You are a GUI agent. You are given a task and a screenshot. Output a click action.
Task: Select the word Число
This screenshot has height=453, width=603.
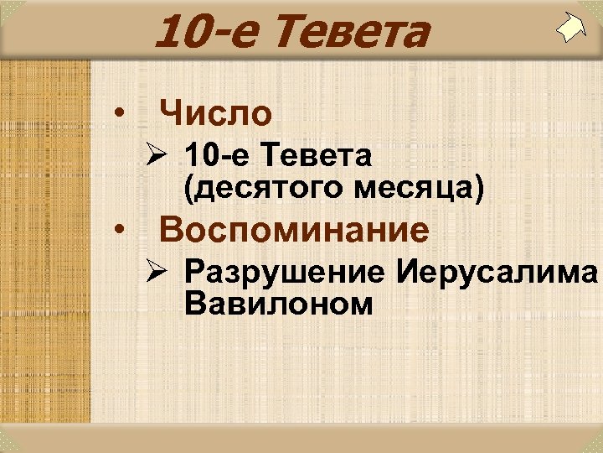(216, 112)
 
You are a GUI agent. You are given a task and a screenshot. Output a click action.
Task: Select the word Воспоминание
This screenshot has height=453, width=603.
(294, 229)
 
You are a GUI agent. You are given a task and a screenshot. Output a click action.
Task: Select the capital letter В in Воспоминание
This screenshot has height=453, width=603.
(171, 229)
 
